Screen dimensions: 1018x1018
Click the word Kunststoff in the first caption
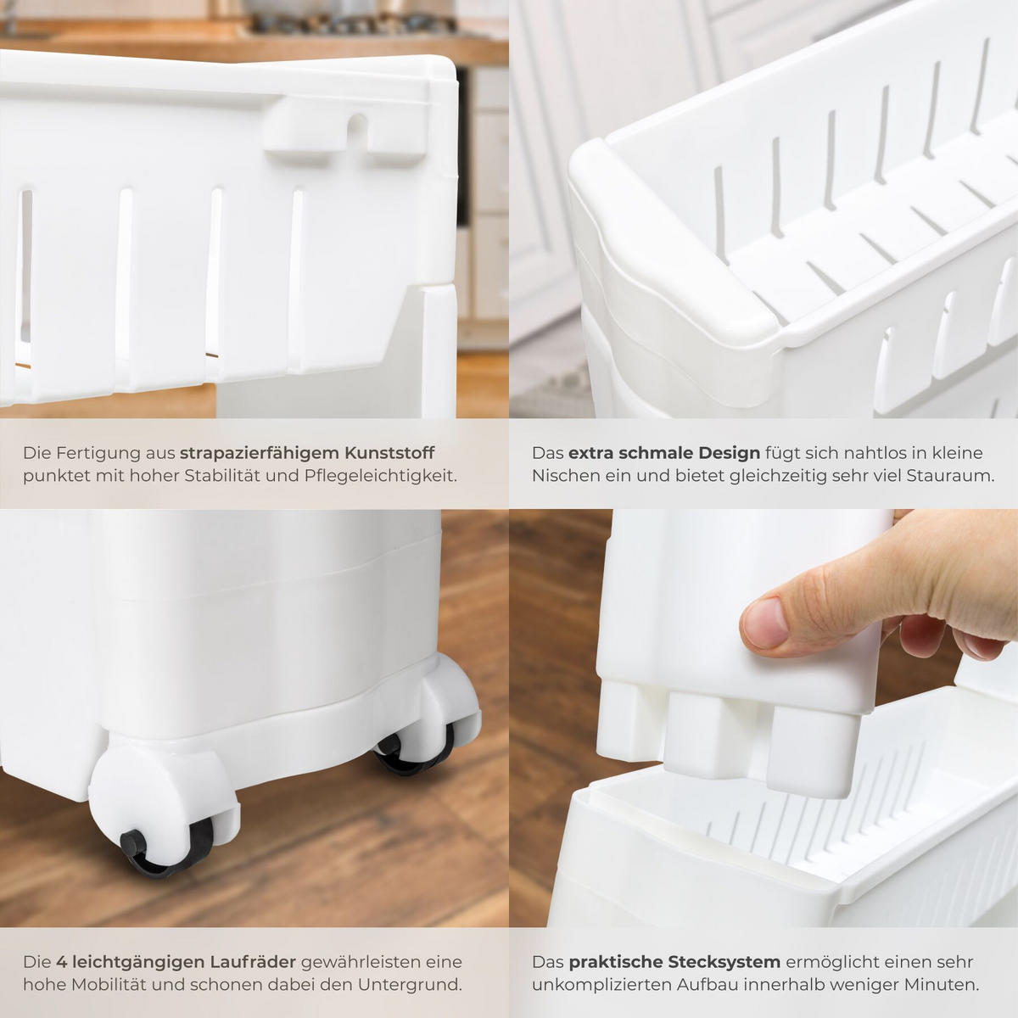(389, 453)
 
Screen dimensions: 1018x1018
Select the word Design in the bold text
(729, 453)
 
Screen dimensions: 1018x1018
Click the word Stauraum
(950, 476)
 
